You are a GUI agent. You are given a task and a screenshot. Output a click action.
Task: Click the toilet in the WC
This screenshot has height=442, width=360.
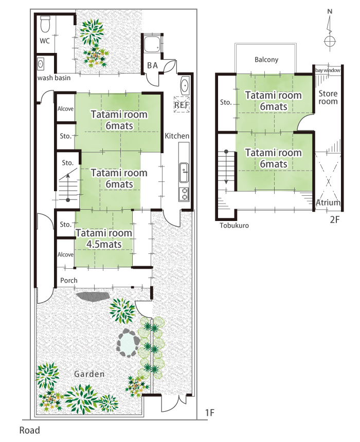tap(45, 22)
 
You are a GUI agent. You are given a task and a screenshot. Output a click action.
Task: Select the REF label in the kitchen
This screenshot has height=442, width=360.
tap(182, 105)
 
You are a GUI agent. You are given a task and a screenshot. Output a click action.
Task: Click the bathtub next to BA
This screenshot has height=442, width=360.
tap(153, 47)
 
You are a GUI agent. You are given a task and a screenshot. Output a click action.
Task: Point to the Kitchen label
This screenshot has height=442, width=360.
tap(177, 136)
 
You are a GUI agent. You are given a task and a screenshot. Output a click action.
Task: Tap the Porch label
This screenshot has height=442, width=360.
tap(69, 281)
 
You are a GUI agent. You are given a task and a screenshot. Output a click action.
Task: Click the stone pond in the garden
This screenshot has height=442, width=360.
tap(128, 342)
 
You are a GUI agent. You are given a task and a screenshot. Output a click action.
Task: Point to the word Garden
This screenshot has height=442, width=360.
tap(89, 374)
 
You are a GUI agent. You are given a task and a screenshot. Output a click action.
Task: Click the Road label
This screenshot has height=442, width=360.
tap(29, 430)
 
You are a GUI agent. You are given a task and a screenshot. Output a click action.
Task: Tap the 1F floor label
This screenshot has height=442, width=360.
tap(209, 412)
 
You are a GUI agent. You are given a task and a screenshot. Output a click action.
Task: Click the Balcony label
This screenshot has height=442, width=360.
tap(266, 60)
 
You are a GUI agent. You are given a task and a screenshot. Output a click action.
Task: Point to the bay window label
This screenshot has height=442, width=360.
tap(328, 70)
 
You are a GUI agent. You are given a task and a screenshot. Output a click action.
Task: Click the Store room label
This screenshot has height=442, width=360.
tap(328, 97)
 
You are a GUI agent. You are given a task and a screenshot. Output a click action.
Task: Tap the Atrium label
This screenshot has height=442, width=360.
tap(328, 203)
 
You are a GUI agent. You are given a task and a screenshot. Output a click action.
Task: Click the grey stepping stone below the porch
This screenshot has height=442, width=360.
tap(93, 297)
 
